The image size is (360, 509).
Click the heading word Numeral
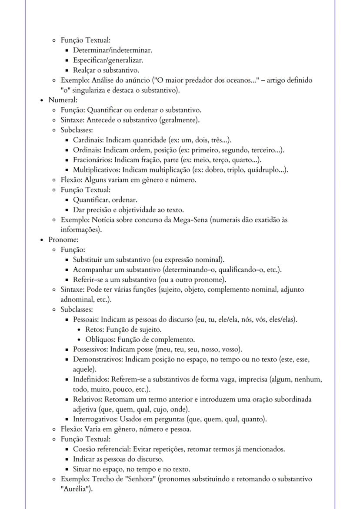pos(62,100)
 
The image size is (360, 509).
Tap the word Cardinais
pos(88,140)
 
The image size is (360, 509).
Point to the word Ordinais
pos(87,150)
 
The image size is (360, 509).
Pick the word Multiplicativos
pos(96,170)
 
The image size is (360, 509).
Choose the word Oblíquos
pos(100,339)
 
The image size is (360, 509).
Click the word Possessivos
pos(90,349)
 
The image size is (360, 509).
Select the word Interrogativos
pos(94,419)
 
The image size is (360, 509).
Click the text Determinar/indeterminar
pos(112,50)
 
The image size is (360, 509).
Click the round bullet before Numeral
pos(41,100)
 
